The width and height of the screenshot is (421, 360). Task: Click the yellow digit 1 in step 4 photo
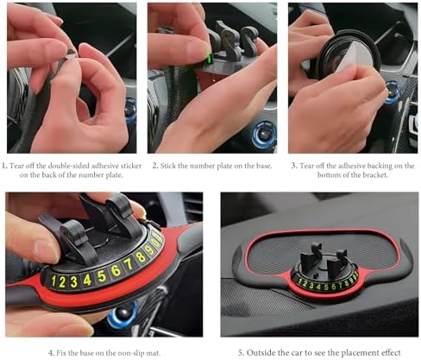coord(53,281)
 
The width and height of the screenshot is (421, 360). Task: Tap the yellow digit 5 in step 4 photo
coord(102,276)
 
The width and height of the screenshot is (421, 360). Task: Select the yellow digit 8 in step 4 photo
coord(141,256)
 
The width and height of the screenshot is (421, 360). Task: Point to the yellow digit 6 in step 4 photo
coord(116,270)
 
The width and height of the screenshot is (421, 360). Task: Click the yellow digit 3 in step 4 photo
coord(74,281)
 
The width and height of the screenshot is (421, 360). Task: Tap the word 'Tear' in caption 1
coord(16,166)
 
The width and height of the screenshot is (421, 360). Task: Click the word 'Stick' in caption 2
coord(168,166)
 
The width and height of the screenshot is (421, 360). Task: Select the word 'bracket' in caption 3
coord(376,174)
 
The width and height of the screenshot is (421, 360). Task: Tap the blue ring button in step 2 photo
coord(264,136)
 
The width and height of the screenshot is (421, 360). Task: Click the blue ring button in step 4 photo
coord(123,316)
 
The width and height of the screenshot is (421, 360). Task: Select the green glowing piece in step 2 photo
coord(209,59)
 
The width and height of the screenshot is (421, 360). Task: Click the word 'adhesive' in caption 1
coord(102,166)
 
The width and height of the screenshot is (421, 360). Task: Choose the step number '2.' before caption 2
coord(155,166)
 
